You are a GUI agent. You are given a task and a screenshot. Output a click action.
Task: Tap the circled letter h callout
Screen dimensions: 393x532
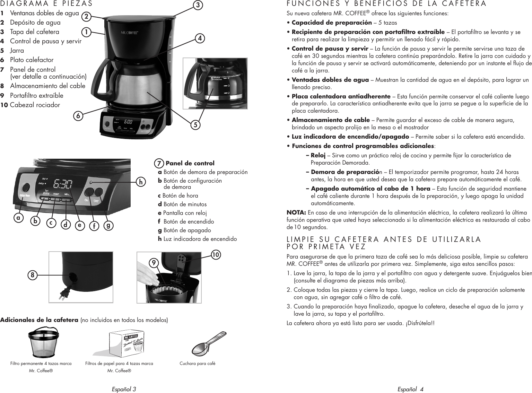click(x=141, y=181)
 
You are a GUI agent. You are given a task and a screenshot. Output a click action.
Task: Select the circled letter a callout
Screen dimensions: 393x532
click(x=18, y=218)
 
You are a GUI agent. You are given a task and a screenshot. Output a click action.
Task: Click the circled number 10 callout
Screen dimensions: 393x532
click(x=216, y=255)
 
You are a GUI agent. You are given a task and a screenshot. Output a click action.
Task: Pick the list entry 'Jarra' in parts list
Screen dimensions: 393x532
click(x=17, y=50)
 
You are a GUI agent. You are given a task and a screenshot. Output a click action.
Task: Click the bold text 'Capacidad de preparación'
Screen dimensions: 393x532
click(x=332, y=23)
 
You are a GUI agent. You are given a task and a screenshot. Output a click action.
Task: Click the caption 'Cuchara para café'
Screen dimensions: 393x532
click(x=197, y=364)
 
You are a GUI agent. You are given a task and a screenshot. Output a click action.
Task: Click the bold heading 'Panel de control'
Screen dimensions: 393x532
click(x=190, y=163)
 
